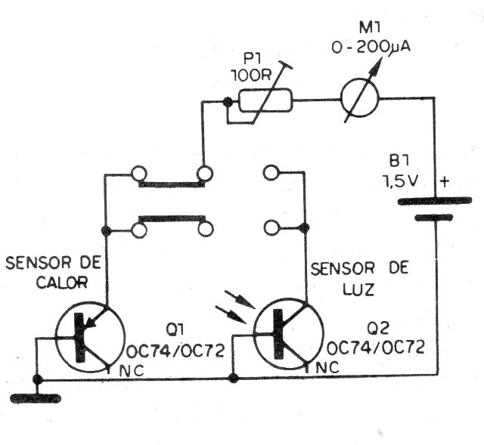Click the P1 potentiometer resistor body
[265, 100]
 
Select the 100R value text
[253, 76]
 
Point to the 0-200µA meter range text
[371, 47]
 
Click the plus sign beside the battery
[445, 182]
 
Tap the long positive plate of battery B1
[434, 201]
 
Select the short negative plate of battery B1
[433, 218]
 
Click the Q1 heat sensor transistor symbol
[89, 337]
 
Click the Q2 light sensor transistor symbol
[288, 334]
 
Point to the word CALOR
[62, 282]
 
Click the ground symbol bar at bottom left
[36, 398]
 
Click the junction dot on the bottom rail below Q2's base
[233, 378]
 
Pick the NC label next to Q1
[132, 371]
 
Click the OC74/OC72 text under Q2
[376, 348]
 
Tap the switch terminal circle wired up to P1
[205, 173]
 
